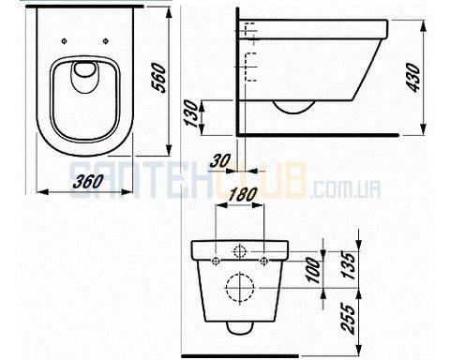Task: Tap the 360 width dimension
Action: [88, 181]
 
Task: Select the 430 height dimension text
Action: [414, 78]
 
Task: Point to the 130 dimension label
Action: [192, 114]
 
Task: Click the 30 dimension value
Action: [220, 160]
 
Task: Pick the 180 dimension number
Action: [243, 194]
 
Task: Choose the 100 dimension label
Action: [314, 271]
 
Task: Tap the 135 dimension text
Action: [349, 265]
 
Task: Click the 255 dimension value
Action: [349, 318]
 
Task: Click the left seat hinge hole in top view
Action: [64, 41]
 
